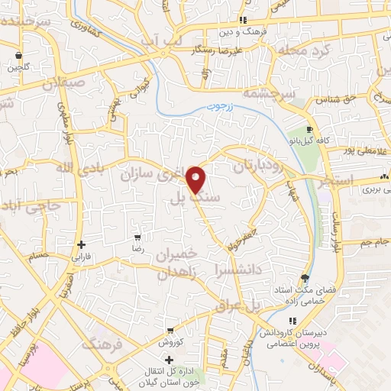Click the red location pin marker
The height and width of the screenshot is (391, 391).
point(196,179)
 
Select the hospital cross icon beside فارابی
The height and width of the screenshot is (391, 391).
point(80,245)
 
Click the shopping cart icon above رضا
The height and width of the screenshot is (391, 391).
point(137,238)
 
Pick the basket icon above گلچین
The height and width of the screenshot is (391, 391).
point(18,54)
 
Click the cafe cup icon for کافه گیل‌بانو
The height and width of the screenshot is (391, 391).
point(309,130)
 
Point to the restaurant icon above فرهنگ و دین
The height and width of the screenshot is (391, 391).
point(243,20)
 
